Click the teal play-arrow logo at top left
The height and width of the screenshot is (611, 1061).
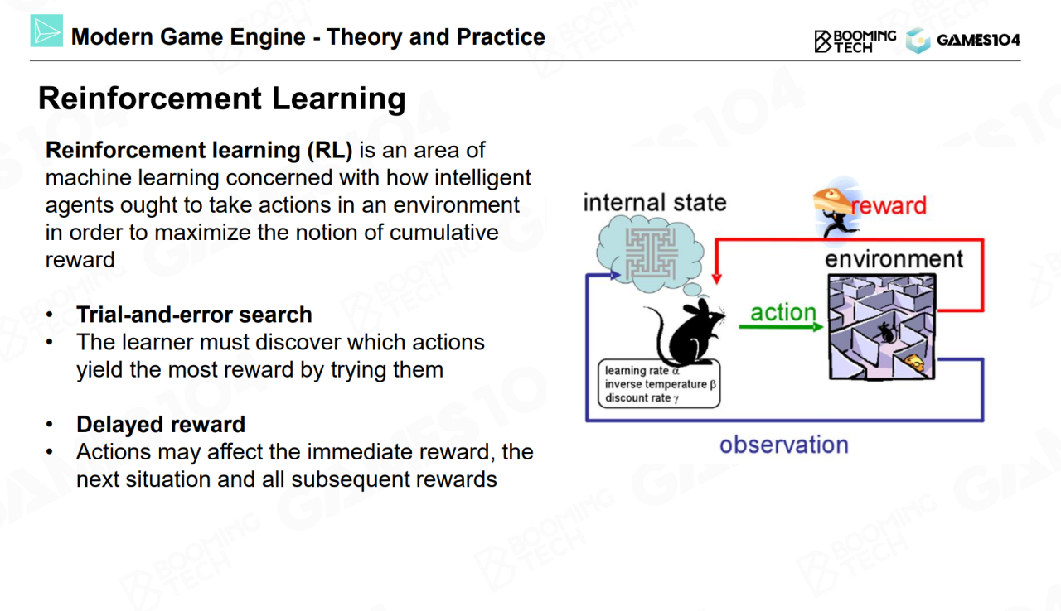[x=46, y=31]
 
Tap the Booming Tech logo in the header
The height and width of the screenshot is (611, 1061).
[x=855, y=41]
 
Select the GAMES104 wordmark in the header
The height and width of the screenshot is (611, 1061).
[x=979, y=41]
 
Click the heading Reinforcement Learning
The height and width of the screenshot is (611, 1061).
[x=221, y=99]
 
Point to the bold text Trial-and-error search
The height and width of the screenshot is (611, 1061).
[x=194, y=315]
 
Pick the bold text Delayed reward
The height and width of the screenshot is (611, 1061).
[x=161, y=424]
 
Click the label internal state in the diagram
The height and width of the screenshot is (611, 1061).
[x=655, y=202]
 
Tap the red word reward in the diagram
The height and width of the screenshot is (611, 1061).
[x=889, y=205]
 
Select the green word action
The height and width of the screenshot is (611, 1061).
[x=783, y=313]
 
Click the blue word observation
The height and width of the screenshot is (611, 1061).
[x=784, y=445]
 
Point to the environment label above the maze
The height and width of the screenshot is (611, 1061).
[x=894, y=259]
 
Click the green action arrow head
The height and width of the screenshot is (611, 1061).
[x=817, y=327]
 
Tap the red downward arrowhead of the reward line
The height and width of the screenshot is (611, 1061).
[x=717, y=278]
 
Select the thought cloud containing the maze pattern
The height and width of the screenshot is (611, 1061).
[x=650, y=254]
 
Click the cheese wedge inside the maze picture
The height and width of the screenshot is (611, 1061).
[x=914, y=363]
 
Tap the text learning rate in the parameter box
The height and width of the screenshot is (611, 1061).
[x=637, y=371]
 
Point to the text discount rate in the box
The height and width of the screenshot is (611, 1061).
[x=637, y=398]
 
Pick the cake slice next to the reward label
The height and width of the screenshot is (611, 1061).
[x=832, y=201]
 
